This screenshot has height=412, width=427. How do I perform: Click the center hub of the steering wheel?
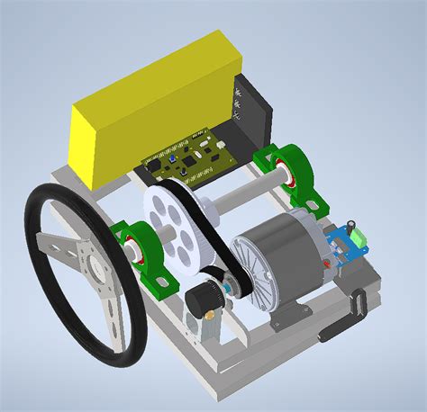pyautogui.click(x=90, y=264)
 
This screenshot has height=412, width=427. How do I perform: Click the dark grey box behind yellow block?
pyautogui.click(x=252, y=112)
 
